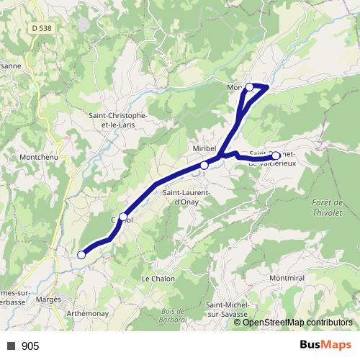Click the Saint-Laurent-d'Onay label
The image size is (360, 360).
tap(186, 197)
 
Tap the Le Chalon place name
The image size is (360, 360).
tap(155, 278)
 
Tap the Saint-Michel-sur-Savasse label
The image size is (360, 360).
tap(227, 310)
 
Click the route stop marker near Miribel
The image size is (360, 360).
tap(204, 165)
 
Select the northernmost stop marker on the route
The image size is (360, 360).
tap(250, 87)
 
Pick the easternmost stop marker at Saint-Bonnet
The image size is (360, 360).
tap(276, 156)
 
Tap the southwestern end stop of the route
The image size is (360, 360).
tap(81, 254)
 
